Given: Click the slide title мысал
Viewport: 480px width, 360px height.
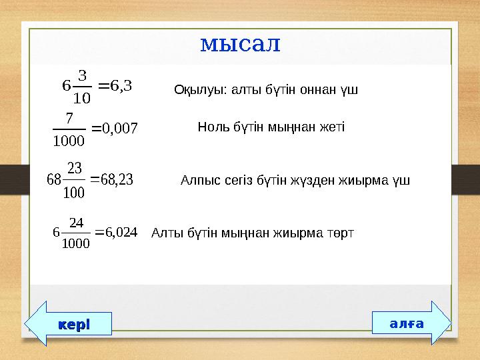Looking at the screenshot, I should pos(240,44).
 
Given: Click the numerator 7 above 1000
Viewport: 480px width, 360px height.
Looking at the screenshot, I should pos(69,117).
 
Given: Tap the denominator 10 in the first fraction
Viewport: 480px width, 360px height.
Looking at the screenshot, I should pos(82,99).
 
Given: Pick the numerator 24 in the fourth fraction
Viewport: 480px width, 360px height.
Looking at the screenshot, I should pos(76,222).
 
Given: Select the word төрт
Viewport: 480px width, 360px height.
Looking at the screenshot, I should pos(339,233).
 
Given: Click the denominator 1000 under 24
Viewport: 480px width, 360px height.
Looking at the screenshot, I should pos(73,243).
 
